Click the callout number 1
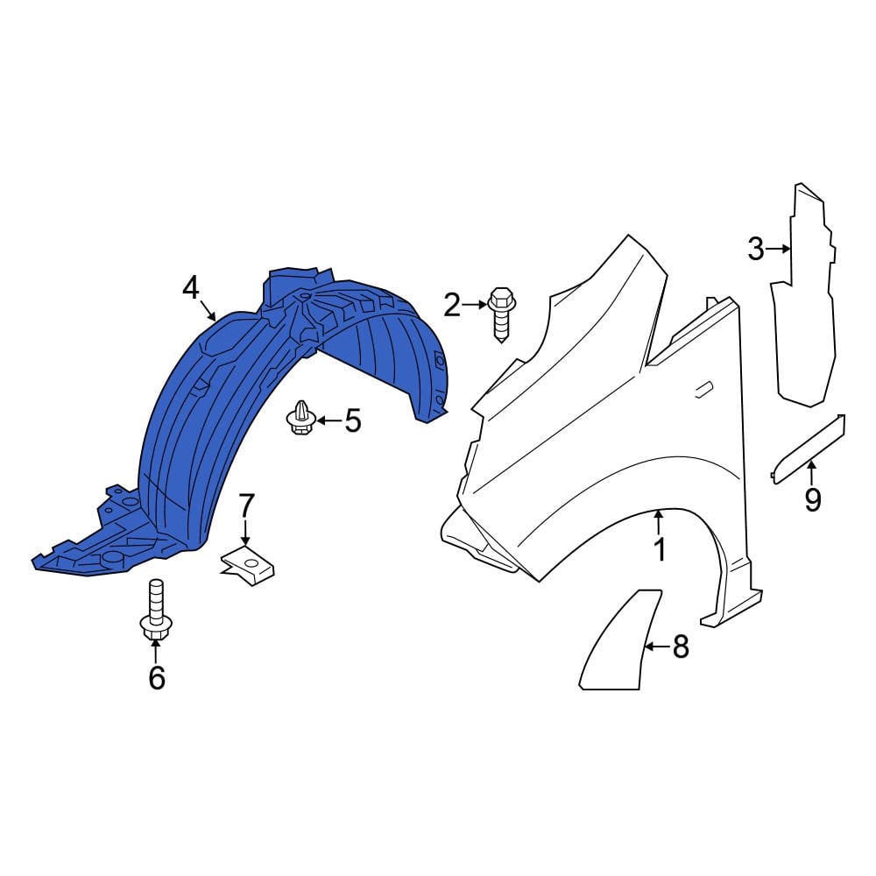coord(659,550)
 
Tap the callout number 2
coord(452,305)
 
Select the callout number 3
coord(755,249)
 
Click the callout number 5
coord(352,421)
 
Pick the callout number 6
coord(156,677)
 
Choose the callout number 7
coord(246,505)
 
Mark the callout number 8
coord(680,647)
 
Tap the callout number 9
coord(813,500)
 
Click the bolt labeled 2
coord(503,315)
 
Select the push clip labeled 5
coord(301,418)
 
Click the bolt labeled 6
coord(156,612)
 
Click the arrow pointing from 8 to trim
coord(657,647)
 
